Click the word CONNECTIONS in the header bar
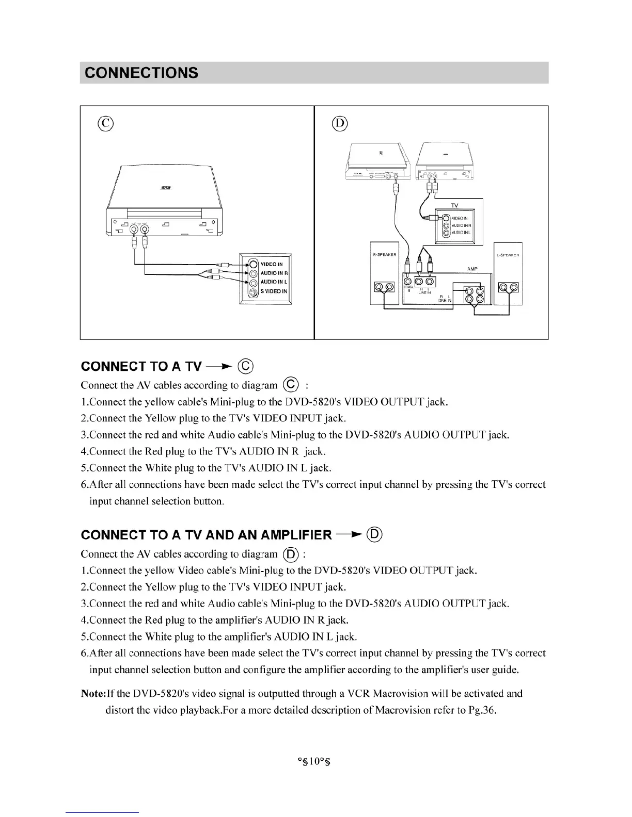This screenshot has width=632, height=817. pos(141,73)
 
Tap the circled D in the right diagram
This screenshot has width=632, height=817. pos(340,123)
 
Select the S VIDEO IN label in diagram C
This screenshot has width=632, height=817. pos(274,291)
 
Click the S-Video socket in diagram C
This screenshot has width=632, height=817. pos(253,292)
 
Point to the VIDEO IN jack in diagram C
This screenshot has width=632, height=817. pos(253,265)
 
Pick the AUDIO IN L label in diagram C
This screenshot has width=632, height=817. pos(274,282)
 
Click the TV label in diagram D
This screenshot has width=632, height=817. pos(454,205)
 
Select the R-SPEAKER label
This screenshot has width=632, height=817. pos(384,255)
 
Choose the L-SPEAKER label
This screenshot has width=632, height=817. pos(508,255)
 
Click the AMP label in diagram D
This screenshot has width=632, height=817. pos(472,269)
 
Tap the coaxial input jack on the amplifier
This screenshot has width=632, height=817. pos(408,281)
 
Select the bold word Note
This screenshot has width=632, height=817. pos(93,694)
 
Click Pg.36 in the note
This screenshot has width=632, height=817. pos(482,710)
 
